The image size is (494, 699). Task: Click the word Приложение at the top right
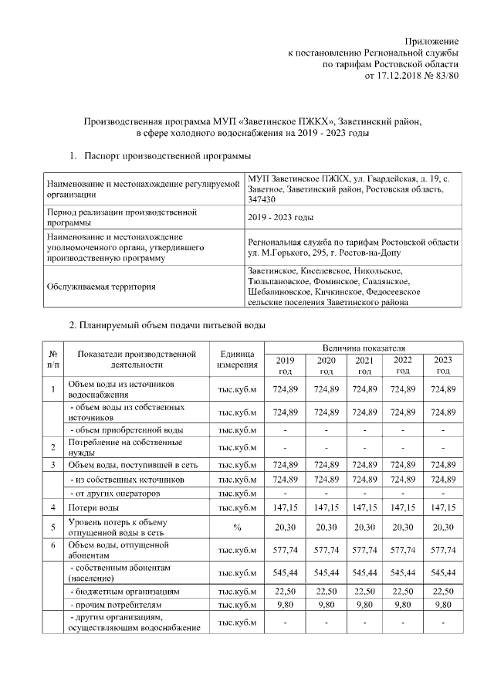(x=433, y=40)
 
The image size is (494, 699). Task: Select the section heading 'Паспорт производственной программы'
(x=161, y=157)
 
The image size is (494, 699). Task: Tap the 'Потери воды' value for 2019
(x=285, y=507)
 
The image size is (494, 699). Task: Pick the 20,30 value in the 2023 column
(x=442, y=528)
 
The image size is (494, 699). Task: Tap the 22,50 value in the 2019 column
(x=285, y=591)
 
